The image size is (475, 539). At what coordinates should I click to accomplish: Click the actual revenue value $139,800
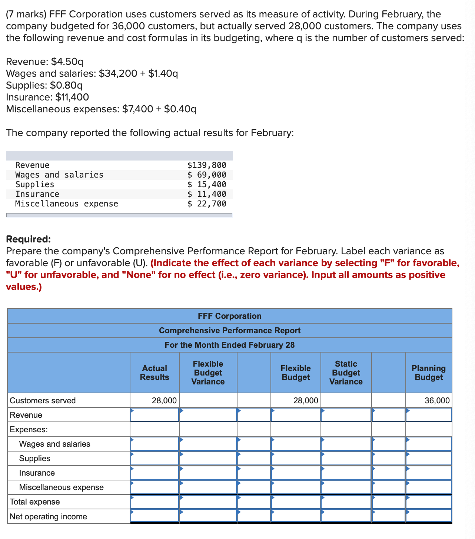click(207, 165)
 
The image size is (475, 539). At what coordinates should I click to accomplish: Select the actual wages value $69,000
click(207, 175)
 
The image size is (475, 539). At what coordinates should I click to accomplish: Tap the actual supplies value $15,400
click(207, 185)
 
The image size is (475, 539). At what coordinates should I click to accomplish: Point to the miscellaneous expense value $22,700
click(207, 204)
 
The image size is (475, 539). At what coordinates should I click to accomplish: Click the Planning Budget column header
click(429, 373)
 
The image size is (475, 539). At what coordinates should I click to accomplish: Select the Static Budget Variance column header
click(346, 373)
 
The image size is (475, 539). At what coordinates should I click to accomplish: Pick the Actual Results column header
click(155, 373)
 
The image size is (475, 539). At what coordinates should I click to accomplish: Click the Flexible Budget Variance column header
click(208, 373)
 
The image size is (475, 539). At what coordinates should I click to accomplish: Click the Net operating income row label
click(48, 517)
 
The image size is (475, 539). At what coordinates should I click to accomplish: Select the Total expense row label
click(34, 502)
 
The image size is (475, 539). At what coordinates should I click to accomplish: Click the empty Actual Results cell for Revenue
click(155, 415)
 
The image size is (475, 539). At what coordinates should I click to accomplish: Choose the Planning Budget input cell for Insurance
click(429, 473)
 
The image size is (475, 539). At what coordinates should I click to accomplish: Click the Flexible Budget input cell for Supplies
click(296, 459)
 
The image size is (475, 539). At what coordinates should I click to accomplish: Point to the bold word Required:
click(29, 239)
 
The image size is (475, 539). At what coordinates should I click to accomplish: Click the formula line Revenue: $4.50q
click(45, 62)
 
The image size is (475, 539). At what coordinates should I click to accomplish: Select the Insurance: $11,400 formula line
click(47, 97)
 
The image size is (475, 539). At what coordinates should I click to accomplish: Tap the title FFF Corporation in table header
click(229, 316)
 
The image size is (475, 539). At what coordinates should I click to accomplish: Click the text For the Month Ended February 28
click(229, 345)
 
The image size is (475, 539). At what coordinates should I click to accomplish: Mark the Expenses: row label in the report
click(29, 430)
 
